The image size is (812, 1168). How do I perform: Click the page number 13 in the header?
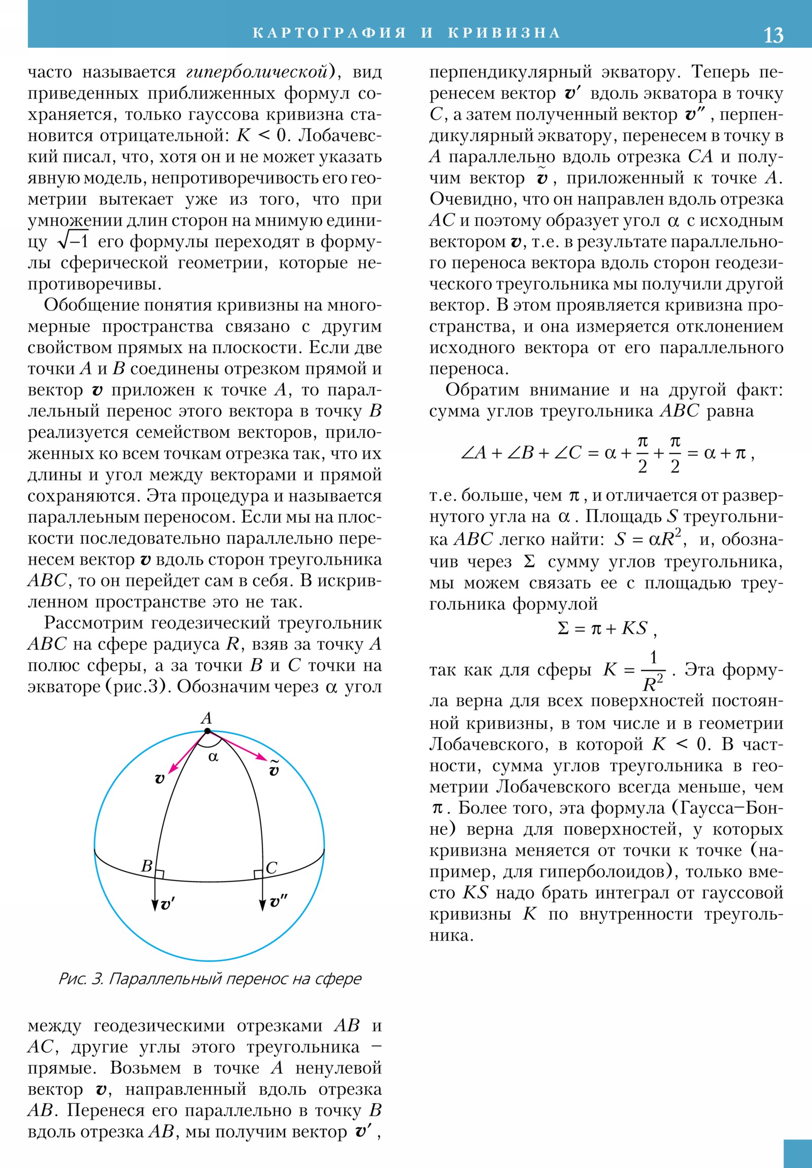pyautogui.click(x=773, y=35)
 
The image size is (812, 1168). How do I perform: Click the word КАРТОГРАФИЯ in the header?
pyautogui.click(x=329, y=33)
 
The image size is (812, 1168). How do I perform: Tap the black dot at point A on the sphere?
pyautogui.click(x=207, y=731)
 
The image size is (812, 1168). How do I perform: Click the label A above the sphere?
pyautogui.click(x=206, y=718)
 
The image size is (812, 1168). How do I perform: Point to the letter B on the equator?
pyautogui.click(x=147, y=866)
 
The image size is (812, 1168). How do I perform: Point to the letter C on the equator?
pyautogui.click(x=272, y=867)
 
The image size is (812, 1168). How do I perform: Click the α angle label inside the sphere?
pyautogui.click(x=214, y=757)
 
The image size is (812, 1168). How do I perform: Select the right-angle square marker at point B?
pyautogui.click(x=159, y=874)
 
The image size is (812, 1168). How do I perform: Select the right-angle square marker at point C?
pyautogui.click(x=258, y=874)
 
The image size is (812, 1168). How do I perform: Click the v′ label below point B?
pyautogui.click(x=167, y=904)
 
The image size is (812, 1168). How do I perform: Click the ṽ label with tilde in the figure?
pyautogui.click(x=274, y=769)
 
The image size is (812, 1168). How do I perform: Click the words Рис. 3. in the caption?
pyautogui.click(x=81, y=978)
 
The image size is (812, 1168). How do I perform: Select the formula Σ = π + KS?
pyautogui.click(x=606, y=629)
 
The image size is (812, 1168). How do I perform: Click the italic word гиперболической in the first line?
pyautogui.click(x=257, y=72)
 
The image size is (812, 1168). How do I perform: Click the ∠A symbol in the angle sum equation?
pyautogui.click(x=473, y=453)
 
